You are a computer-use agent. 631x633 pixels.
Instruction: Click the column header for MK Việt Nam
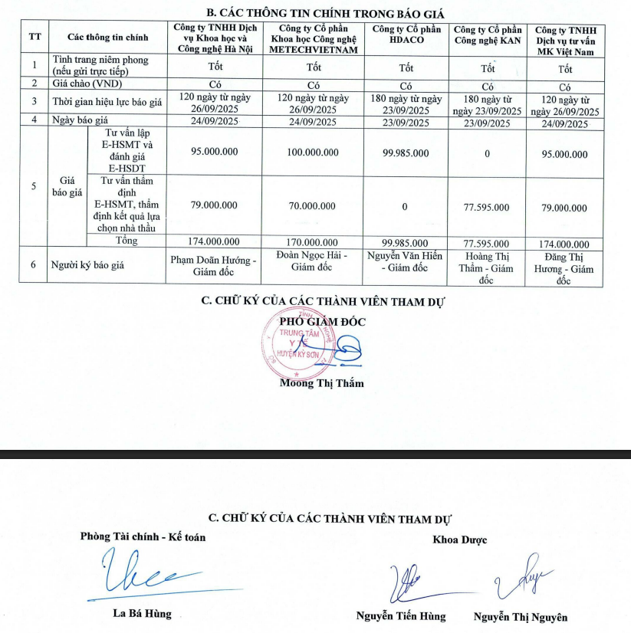tap(565, 40)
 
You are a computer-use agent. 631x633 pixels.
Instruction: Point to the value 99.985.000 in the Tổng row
tap(406, 243)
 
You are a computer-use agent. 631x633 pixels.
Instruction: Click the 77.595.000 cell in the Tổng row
tap(486, 243)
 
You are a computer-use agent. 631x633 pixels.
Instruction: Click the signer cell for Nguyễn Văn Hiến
tap(406, 262)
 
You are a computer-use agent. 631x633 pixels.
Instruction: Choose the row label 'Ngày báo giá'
tap(82, 121)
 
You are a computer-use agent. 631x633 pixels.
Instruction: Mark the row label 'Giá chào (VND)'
tap(87, 84)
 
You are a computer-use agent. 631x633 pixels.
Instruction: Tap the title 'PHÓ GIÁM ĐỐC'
tap(322, 322)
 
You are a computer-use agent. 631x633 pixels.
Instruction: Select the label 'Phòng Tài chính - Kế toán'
tap(143, 537)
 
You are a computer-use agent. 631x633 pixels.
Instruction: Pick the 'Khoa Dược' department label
tap(460, 540)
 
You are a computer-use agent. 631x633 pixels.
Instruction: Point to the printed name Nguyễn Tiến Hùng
tap(400, 616)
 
